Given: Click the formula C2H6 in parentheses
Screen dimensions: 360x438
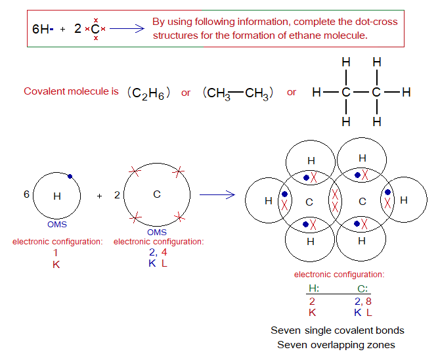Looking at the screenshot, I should click(x=149, y=93).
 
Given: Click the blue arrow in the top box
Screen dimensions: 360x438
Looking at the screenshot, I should click(x=129, y=28).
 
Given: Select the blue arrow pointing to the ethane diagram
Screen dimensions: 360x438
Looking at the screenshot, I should click(x=217, y=194).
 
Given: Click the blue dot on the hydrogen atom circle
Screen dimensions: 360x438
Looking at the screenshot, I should click(x=70, y=175).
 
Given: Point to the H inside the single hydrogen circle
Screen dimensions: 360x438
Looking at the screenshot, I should click(x=56, y=195).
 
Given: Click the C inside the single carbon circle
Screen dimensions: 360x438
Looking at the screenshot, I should click(x=156, y=194).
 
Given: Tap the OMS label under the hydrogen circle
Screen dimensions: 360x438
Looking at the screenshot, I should click(x=57, y=224).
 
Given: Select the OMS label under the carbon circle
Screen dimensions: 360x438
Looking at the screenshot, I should click(x=156, y=232).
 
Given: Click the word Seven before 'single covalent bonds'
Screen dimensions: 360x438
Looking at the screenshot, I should click(x=284, y=330).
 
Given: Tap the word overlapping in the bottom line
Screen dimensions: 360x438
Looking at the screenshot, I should click(x=343, y=344).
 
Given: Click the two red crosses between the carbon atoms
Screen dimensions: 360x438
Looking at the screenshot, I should click(x=336, y=200).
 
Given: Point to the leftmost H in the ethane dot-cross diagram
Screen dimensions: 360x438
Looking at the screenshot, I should click(x=269, y=201).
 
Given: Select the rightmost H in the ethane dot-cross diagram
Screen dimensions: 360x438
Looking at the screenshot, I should click(x=403, y=200).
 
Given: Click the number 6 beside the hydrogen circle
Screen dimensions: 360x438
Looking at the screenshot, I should click(x=26, y=194).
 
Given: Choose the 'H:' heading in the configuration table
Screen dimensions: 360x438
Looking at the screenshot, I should click(x=313, y=288).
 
